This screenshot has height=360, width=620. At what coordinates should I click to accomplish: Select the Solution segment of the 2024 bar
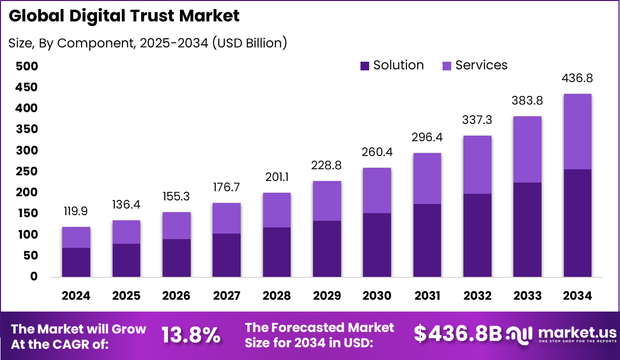coord(76,262)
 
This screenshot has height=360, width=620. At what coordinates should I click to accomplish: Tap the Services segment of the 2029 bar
coord(327,201)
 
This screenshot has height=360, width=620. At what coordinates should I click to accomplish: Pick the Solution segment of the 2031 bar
coord(427,240)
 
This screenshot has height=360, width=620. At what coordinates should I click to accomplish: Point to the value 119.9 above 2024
coord(76,211)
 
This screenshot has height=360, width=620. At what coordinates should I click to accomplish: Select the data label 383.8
coord(527,100)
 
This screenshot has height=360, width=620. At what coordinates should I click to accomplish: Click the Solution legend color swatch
coord(365,66)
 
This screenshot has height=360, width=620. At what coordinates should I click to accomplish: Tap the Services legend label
coord(481,65)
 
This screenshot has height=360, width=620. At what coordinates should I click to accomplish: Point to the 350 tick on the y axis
coord(27,130)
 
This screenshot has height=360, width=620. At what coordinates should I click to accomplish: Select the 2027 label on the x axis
coord(226,296)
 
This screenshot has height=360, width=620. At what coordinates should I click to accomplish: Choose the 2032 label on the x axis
coord(477,296)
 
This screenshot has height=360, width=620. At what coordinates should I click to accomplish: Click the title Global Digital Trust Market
coord(124,16)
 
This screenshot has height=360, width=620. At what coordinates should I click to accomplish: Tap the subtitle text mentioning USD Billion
coord(148,43)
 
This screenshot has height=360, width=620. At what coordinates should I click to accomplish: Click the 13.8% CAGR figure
coord(191,335)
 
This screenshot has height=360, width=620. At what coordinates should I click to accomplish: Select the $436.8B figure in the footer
coord(457,333)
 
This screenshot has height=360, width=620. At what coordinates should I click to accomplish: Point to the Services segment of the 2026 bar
coord(176,225)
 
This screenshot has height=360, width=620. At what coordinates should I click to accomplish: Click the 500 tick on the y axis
coord(27,66)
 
